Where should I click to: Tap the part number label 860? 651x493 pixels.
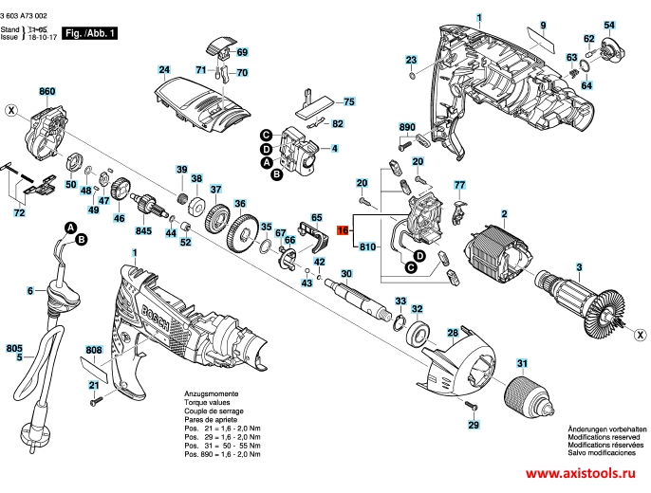pos(47,92)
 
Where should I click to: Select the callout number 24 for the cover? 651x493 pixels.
pos(163,70)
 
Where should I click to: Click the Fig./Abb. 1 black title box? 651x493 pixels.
pos(90,33)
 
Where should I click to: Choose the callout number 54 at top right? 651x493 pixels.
pos(609,24)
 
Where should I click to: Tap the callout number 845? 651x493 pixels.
pos(144,231)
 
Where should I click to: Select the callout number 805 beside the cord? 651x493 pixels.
pos(13,349)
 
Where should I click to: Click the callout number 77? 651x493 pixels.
pos(459,185)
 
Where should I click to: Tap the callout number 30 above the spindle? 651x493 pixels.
pos(346,274)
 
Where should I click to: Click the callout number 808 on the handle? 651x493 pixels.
pos(93,350)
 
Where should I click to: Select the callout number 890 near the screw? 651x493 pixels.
pos(408,127)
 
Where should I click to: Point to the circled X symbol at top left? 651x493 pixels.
pos(10,110)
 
